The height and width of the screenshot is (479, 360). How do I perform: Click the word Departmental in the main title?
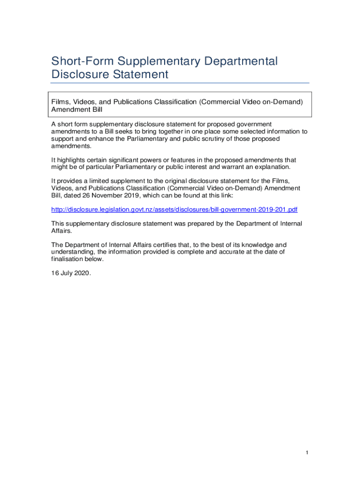point(240,61)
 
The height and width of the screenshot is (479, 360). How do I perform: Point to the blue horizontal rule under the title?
point(180,83)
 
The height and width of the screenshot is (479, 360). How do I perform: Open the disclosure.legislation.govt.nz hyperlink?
point(174,209)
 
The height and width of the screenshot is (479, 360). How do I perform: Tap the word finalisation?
point(68,259)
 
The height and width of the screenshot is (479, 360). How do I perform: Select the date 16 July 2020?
point(71,273)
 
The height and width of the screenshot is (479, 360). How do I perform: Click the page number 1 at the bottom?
point(307,452)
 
